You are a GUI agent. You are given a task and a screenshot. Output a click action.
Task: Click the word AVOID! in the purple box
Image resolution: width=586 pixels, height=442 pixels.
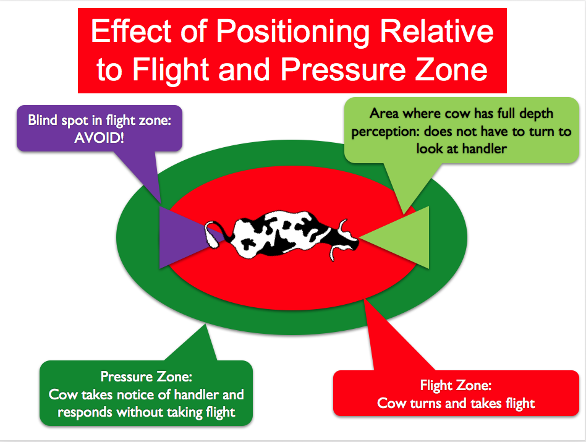[99, 138]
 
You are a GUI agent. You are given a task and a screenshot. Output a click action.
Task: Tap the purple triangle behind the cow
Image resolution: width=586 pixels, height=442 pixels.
[179, 237]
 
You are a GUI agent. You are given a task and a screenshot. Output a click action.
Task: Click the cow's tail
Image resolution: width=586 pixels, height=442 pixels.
[214, 234]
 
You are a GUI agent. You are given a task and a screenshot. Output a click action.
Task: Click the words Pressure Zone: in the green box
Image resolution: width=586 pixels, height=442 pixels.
[146, 376]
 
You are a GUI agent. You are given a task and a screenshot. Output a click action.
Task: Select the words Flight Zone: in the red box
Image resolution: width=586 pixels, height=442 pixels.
[456, 385]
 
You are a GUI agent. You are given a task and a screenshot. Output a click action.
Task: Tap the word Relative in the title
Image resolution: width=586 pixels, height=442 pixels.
[436, 31]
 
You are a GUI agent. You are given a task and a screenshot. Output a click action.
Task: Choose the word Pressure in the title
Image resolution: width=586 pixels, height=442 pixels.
[343, 69]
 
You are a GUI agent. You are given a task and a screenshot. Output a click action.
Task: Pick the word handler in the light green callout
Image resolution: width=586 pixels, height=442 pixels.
[485, 149]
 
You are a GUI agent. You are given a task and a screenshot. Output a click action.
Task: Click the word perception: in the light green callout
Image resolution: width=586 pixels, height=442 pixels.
[385, 132]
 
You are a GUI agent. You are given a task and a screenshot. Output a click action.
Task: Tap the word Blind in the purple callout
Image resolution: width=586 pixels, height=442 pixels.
[42, 121]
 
